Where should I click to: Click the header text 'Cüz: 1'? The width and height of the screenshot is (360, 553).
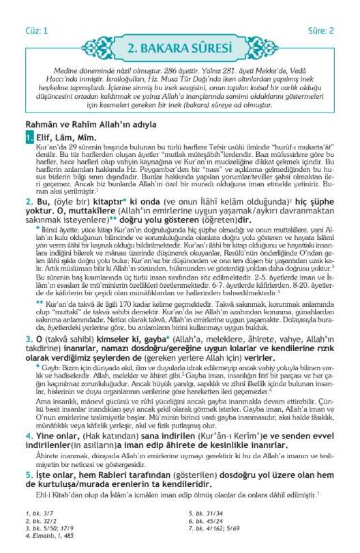click(37, 31)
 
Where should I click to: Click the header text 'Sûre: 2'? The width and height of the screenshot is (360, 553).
click(322, 31)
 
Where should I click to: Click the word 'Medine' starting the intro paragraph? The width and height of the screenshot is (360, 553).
click(65, 72)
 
